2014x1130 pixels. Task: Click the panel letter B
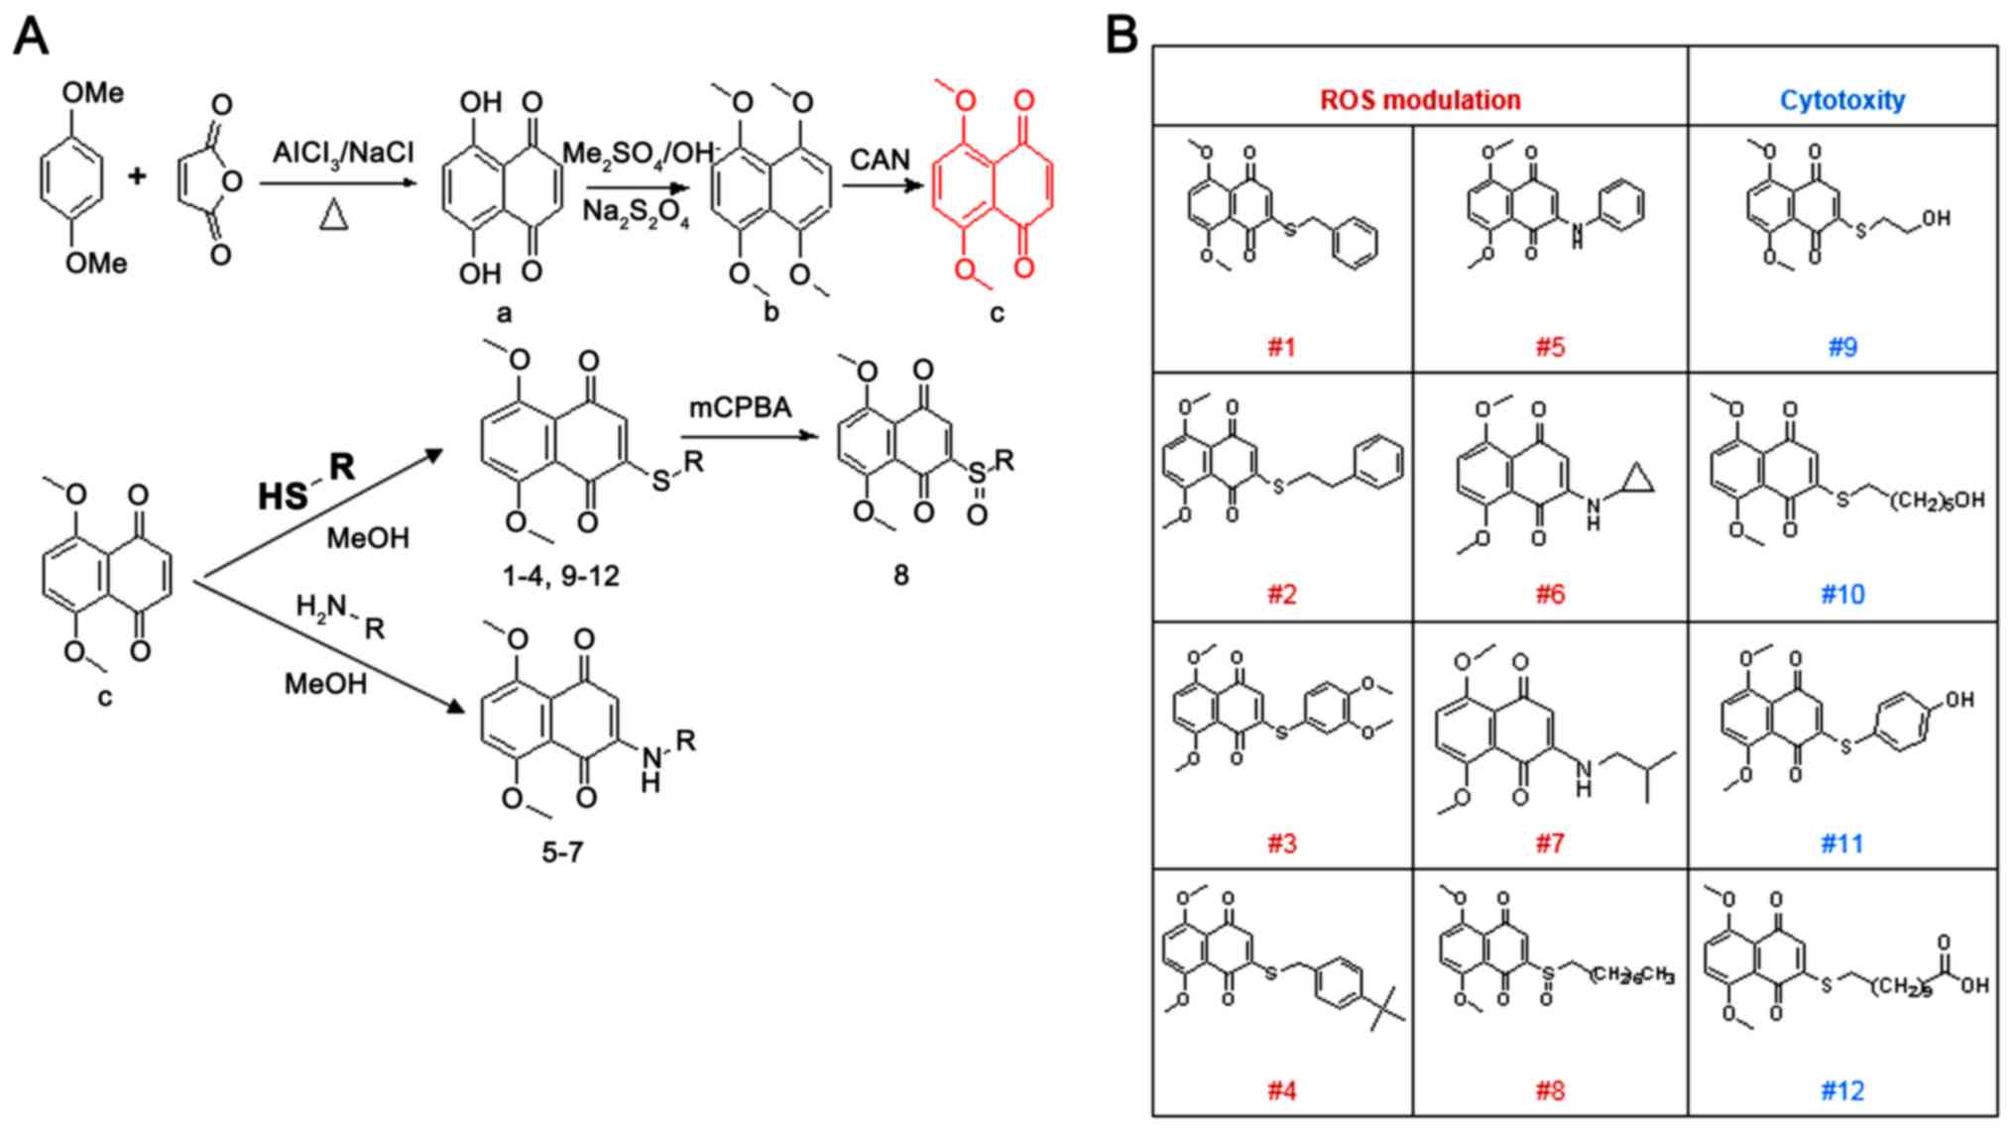(1122, 38)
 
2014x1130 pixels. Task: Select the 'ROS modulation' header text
(1419, 100)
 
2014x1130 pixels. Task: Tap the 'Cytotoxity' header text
(1841, 100)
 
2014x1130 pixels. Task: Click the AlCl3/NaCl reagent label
(343, 154)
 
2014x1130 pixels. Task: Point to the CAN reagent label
(880, 159)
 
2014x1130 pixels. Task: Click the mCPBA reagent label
(741, 407)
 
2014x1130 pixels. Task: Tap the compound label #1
(1281, 347)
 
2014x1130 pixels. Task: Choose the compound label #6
(1549, 595)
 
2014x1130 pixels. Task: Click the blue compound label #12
(1841, 1091)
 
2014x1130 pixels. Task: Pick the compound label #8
(1549, 1091)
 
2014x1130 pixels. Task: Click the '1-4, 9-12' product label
(561, 576)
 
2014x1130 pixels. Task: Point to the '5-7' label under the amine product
(561, 851)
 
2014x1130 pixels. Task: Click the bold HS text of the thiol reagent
(283, 496)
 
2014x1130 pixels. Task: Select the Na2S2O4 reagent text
(637, 213)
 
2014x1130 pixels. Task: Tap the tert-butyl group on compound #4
(1385, 1010)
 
